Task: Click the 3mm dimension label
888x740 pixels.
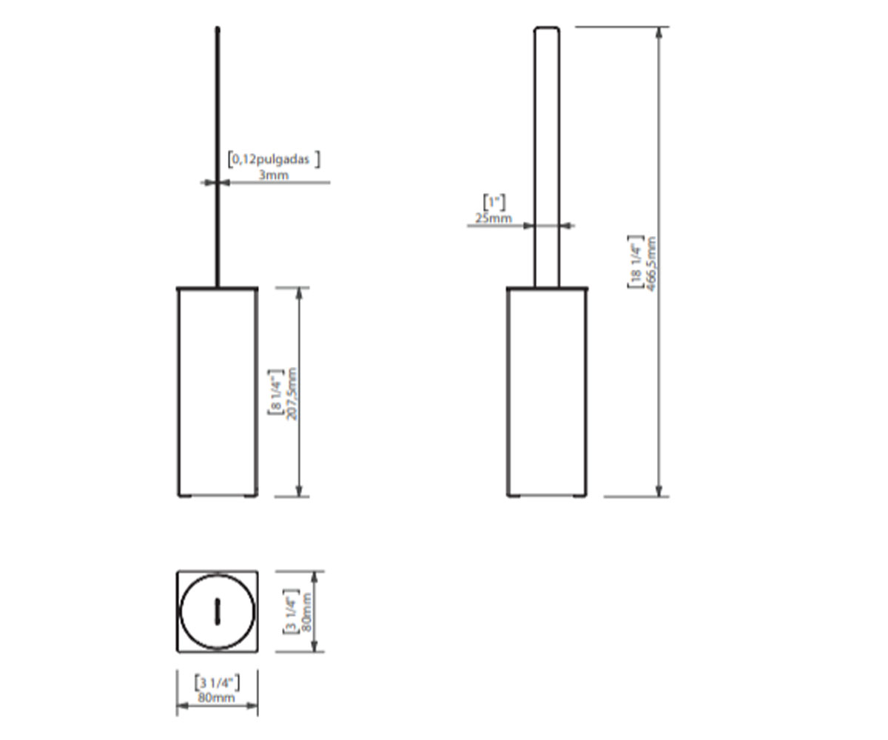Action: (x=274, y=175)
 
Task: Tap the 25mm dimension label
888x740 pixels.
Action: (x=494, y=218)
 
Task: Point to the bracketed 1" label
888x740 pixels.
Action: (x=494, y=202)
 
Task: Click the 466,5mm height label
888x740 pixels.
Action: (x=650, y=263)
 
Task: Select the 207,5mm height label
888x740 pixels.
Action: (x=292, y=394)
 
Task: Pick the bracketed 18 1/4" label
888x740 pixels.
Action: (x=636, y=262)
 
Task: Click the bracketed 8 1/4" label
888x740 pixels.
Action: (x=276, y=392)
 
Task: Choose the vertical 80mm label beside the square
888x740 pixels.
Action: (x=306, y=613)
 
